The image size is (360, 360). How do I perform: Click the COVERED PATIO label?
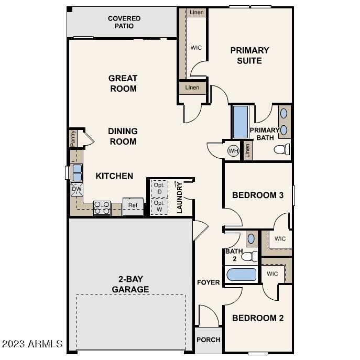(124, 22)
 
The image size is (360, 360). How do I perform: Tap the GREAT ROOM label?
(123, 83)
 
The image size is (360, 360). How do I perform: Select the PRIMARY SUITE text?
(250, 56)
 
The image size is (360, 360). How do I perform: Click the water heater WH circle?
(233, 151)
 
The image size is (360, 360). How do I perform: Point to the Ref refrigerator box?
(133, 205)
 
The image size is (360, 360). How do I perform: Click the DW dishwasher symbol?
(77, 189)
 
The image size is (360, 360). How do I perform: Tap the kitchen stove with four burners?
(102, 208)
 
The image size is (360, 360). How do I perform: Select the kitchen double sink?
(77, 172)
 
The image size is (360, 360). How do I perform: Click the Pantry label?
(73, 139)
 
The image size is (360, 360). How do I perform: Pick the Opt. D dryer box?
(159, 188)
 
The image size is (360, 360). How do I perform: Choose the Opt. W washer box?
(159, 205)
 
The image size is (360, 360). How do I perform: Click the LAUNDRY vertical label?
(179, 198)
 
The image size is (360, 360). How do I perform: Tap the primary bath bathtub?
(240, 122)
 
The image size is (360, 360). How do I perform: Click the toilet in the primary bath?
(282, 150)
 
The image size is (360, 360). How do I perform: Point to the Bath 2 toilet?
(250, 256)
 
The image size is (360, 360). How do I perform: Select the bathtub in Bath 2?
(241, 275)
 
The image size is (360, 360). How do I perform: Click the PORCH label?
(208, 340)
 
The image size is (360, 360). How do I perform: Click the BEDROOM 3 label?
(258, 195)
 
